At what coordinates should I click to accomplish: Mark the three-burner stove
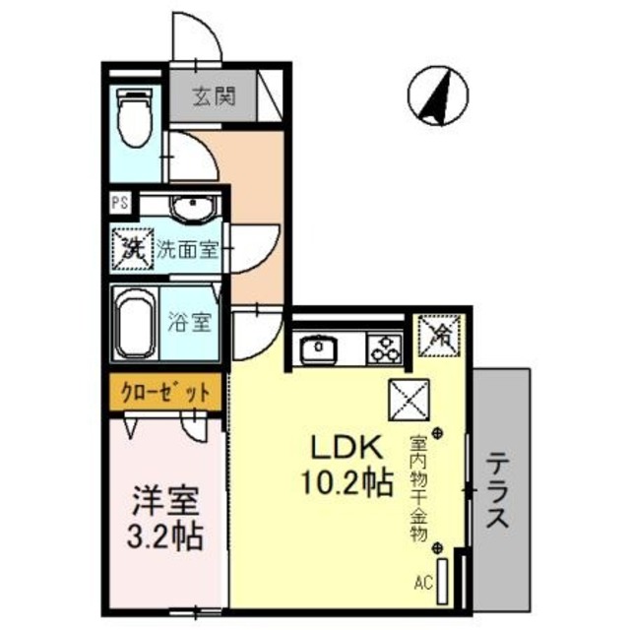pyautogui.click(x=383, y=347)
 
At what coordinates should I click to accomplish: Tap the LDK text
pyautogui.click(x=346, y=449)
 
